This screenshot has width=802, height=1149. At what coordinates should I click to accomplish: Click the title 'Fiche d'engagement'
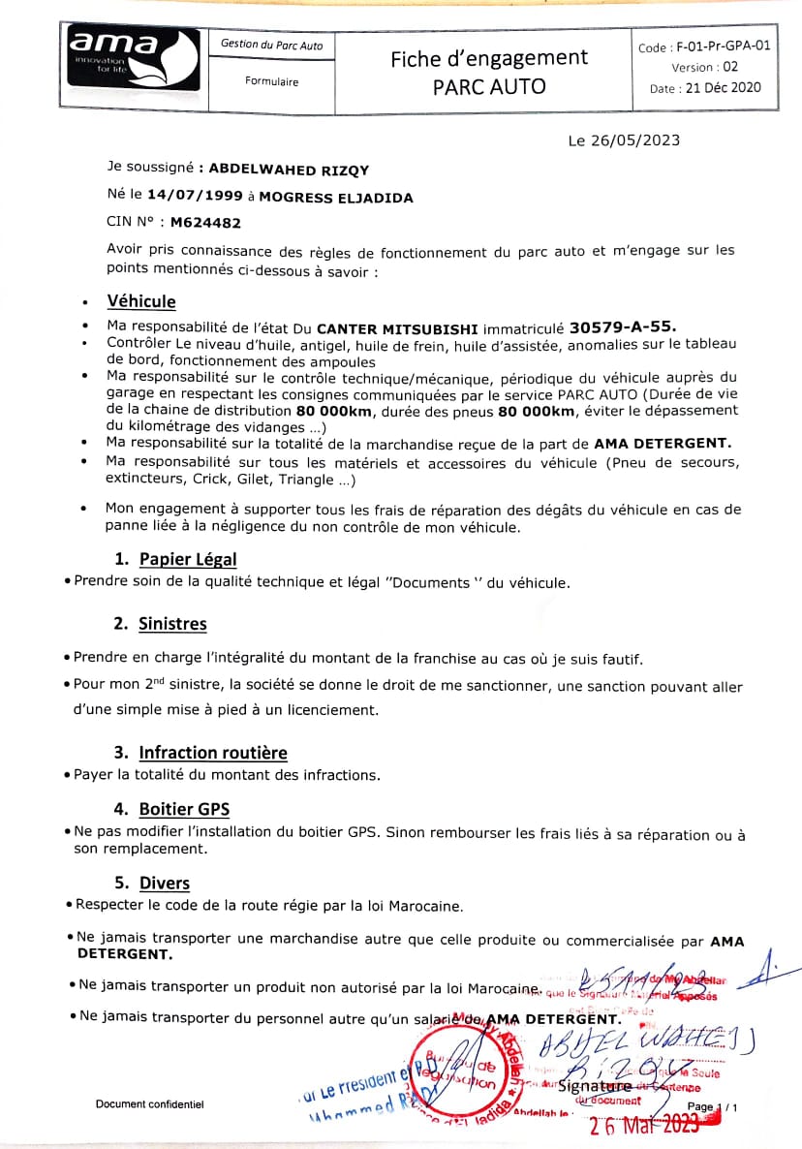tap(489, 58)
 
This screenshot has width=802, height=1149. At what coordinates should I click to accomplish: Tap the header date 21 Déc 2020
tap(723, 87)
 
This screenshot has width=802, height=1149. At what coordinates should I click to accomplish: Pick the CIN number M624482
tap(205, 222)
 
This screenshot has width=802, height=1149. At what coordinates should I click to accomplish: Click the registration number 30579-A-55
tap(624, 327)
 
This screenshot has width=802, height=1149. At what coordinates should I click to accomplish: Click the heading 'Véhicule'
tap(141, 301)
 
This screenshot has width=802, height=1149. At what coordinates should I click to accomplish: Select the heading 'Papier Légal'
tap(187, 559)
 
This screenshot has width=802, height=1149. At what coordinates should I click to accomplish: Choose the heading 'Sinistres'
tap(172, 624)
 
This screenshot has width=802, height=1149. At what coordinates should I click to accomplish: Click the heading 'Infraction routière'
tap(213, 753)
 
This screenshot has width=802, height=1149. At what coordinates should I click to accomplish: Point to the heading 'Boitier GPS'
tap(184, 809)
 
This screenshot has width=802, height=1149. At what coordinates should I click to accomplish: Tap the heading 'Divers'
tap(164, 883)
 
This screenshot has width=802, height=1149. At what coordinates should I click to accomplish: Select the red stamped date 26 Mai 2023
tap(644, 1125)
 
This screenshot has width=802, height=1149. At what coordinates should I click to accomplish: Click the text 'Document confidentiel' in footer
tap(149, 1104)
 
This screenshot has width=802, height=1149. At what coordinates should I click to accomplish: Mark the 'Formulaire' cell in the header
tap(272, 81)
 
